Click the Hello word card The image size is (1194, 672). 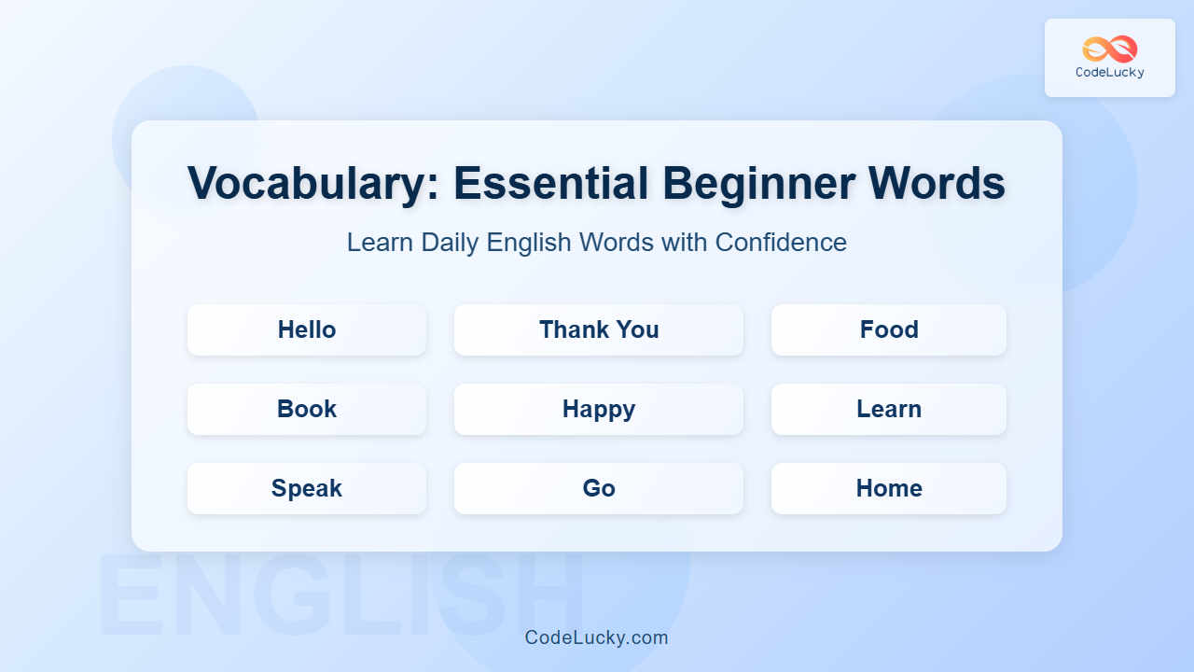pyautogui.click(x=307, y=329)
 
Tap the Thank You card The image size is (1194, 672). pyautogui.click(x=599, y=329)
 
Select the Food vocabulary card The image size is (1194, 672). pyautogui.click(x=889, y=329)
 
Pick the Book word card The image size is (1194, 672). pyautogui.click(x=307, y=409)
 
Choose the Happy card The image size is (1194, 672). pyautogui.click(x=599, y=409)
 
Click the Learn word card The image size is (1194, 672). pyautogui.click(x=889, y=409)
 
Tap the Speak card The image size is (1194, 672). pyautogui.click(x=307, y=488)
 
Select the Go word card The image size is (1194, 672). pyautogui.click(x=599, y=488)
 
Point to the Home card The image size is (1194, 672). pyautogui.click(x=889, y=488)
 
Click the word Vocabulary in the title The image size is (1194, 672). pyautogui.click(x=313, y=185)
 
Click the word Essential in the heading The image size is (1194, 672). pyautogui.click(x=550, y=183)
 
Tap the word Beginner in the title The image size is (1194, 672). pyautogui.click(x=758, y=185)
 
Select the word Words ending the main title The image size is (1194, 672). pyautogui.click(x=937, y=183)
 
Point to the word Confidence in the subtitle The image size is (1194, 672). pyautogui.click(x=781, y=243)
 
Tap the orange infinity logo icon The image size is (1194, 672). pyautogui.click(x=1110, y=49)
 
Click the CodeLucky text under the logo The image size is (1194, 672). pyautogui.click(x=1110, y=72)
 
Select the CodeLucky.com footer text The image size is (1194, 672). pyautogui.click(x=596, y=637)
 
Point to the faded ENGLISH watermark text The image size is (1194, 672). pyautogui.click(x=341, y=595)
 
